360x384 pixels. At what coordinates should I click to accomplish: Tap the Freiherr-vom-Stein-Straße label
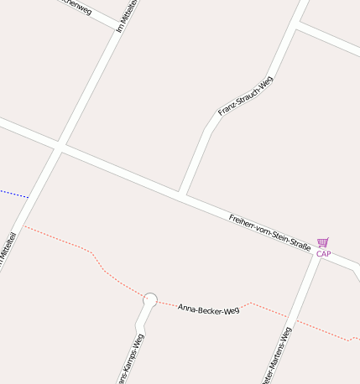(x=269, y=232)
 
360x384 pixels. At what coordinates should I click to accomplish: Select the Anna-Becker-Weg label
(x=209, y=308)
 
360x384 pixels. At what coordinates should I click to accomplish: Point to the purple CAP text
(x=323, y=253)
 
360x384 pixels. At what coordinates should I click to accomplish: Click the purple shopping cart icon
(x=323, y=242)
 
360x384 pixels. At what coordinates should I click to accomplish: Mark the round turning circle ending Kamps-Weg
(x=151, y=298)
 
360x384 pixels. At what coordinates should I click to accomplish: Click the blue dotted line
(x=13, y=194)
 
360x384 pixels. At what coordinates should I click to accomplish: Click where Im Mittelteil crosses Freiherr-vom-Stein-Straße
(x=59, y=149)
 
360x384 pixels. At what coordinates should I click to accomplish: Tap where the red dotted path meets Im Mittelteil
(x=23, y=225)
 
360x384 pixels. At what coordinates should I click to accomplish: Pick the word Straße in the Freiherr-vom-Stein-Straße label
(x=300, y=245)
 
